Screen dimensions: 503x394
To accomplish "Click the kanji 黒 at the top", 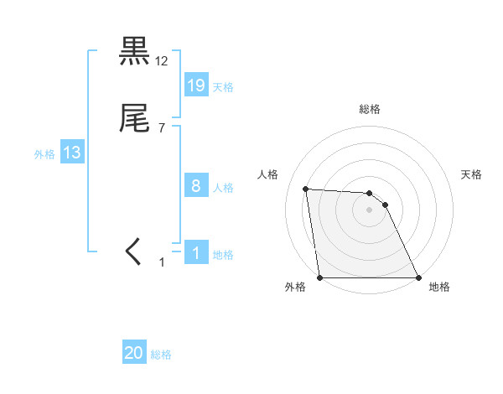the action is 134,52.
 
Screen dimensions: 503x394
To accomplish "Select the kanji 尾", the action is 134,119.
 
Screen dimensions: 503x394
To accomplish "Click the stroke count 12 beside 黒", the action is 162,61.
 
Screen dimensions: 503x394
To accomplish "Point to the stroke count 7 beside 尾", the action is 161,128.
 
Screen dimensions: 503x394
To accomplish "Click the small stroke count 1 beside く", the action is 163,262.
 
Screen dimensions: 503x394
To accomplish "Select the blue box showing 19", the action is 196,85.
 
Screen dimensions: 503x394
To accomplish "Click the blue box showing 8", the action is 196,186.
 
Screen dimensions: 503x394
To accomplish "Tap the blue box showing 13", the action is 72,153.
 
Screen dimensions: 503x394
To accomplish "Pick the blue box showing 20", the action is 134,353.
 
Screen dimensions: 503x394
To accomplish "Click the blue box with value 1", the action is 196,253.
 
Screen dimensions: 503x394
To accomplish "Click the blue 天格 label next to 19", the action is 223,86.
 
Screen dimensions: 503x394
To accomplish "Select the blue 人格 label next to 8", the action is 223,188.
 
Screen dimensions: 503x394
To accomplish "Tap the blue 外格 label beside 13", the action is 44,154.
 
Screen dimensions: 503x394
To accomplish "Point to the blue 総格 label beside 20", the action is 161,355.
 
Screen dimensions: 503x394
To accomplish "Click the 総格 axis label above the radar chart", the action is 369,110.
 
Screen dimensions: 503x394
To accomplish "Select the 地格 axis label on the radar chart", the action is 439,287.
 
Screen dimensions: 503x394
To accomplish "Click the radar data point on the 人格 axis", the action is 305,189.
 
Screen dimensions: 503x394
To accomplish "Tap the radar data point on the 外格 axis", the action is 319,277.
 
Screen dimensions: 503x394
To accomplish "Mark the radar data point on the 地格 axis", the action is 418,277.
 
